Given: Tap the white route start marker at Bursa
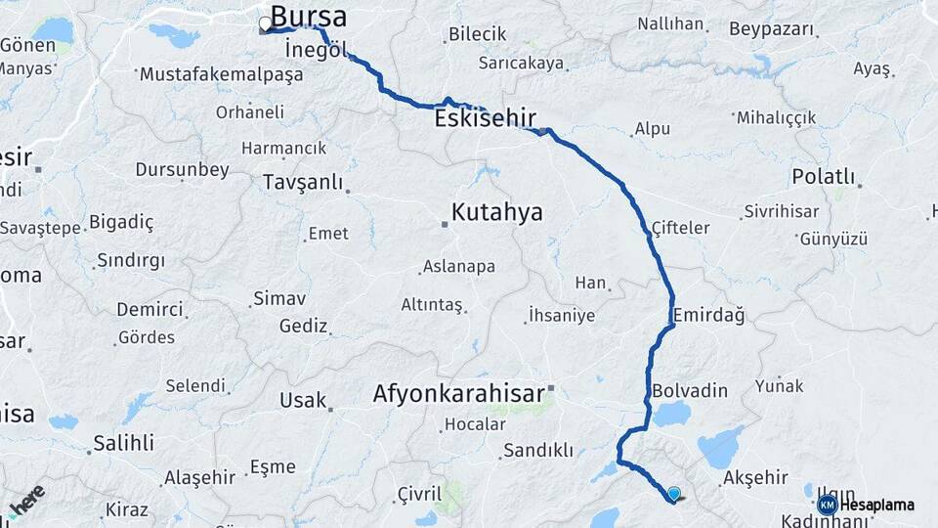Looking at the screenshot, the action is click(265, 24).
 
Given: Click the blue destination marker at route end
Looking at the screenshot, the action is click(673, 494).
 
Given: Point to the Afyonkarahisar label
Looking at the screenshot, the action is click(458, 393).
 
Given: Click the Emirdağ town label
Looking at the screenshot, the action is click(708, 315).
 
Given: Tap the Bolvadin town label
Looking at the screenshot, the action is click(690, 391).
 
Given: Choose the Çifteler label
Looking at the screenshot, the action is click(680, 227).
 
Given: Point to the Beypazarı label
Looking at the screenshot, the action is click(772, 29).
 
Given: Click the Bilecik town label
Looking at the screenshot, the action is click(478, 34).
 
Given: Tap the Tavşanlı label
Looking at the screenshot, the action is click(303, 183).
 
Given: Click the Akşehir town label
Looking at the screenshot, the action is click(755, 478).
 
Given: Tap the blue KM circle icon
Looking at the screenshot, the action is click(827, 505).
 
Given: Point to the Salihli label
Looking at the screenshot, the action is click(123, 443).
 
